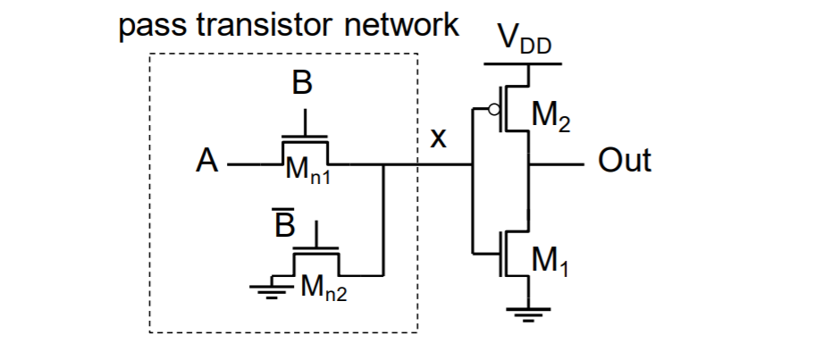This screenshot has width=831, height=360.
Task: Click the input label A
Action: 207,164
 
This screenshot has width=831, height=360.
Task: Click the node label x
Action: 439,140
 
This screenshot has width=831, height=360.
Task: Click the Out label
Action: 625,162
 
